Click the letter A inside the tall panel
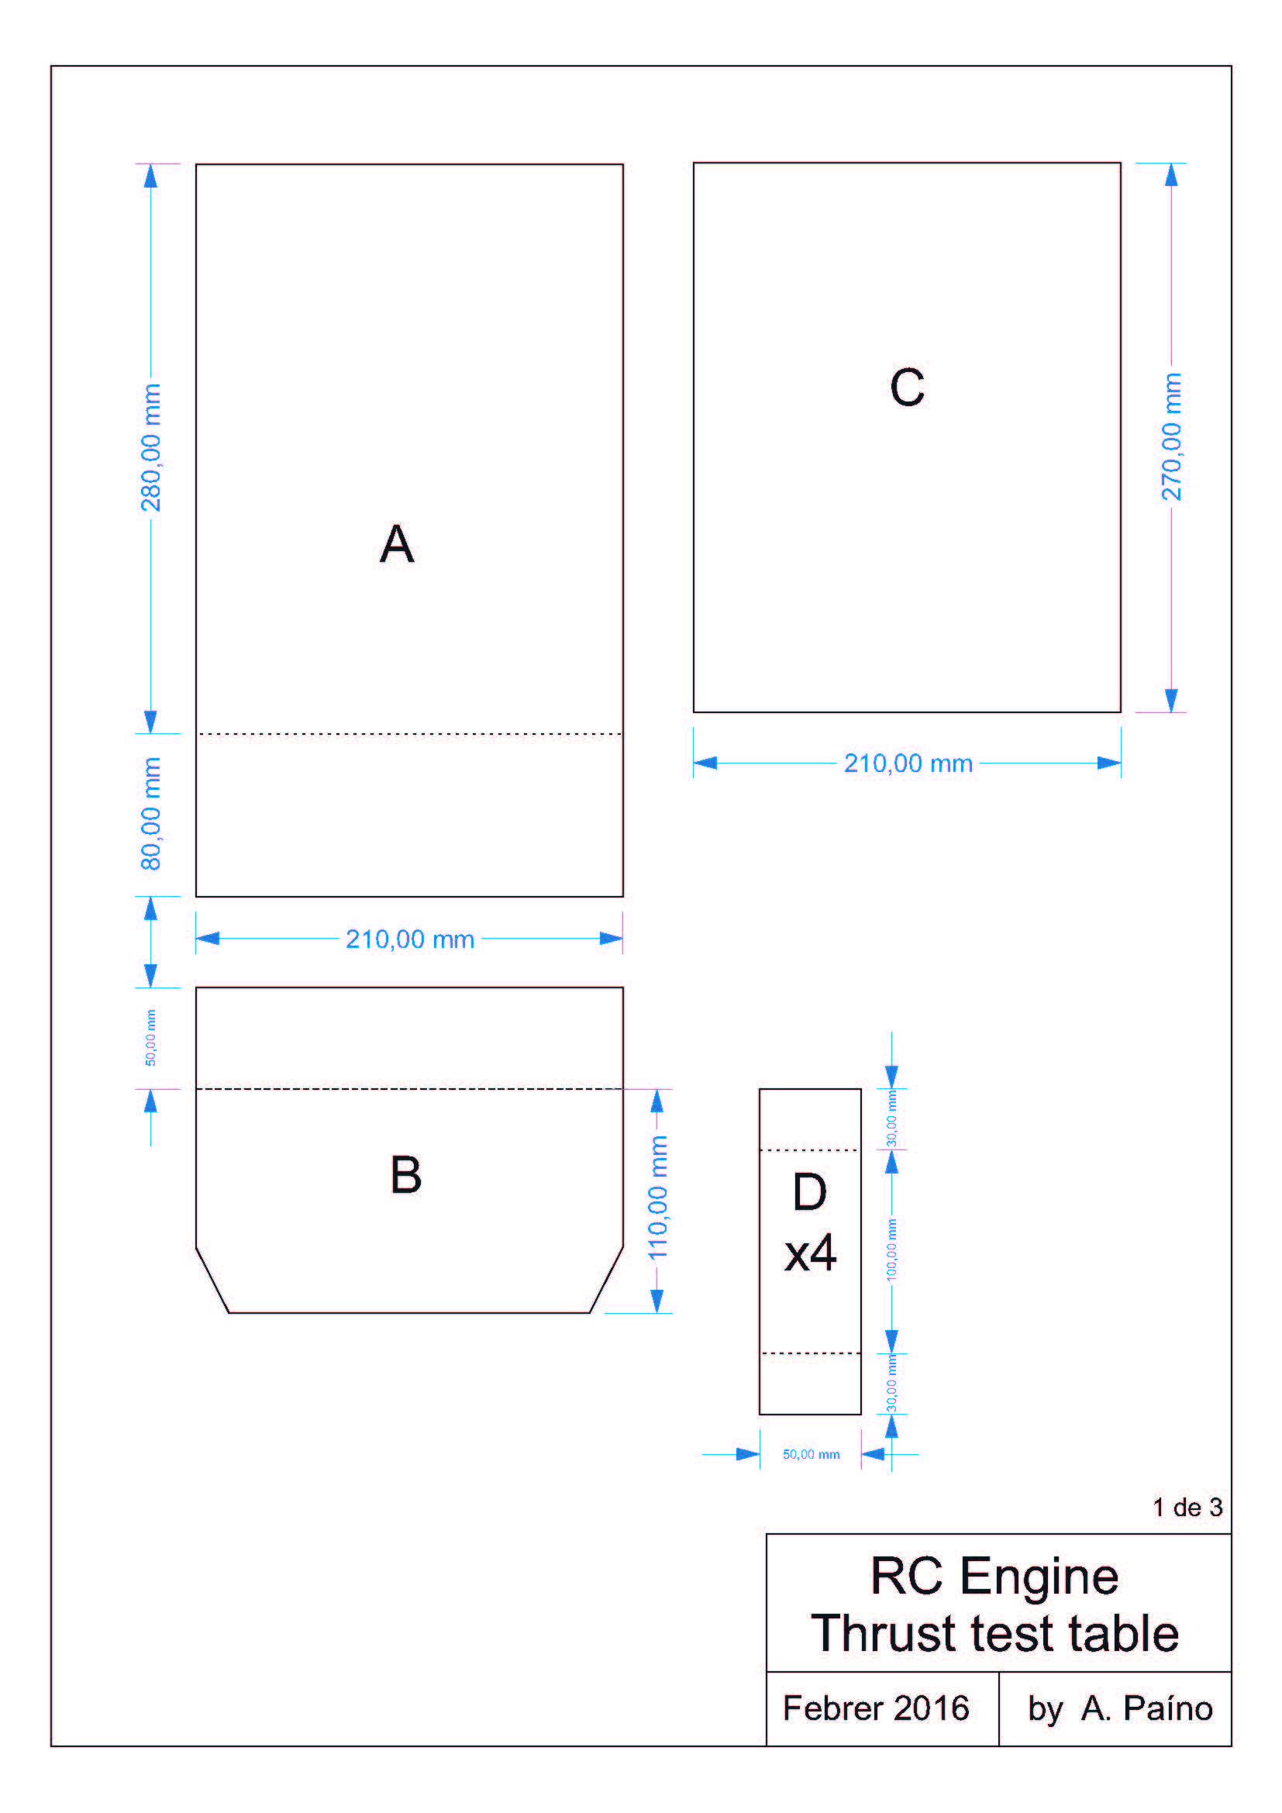396,543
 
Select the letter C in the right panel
907,387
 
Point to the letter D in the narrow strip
809,1191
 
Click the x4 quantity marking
810,1253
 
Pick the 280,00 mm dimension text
150,448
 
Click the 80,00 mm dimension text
150,814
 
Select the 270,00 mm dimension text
1171,436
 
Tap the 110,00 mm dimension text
657,1197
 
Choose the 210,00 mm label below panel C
908,763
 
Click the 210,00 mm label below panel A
410,939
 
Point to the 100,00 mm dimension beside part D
891,1249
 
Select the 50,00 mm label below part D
811,1454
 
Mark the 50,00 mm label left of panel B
150,1038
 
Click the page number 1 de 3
1187,1508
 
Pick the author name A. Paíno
1146,1709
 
